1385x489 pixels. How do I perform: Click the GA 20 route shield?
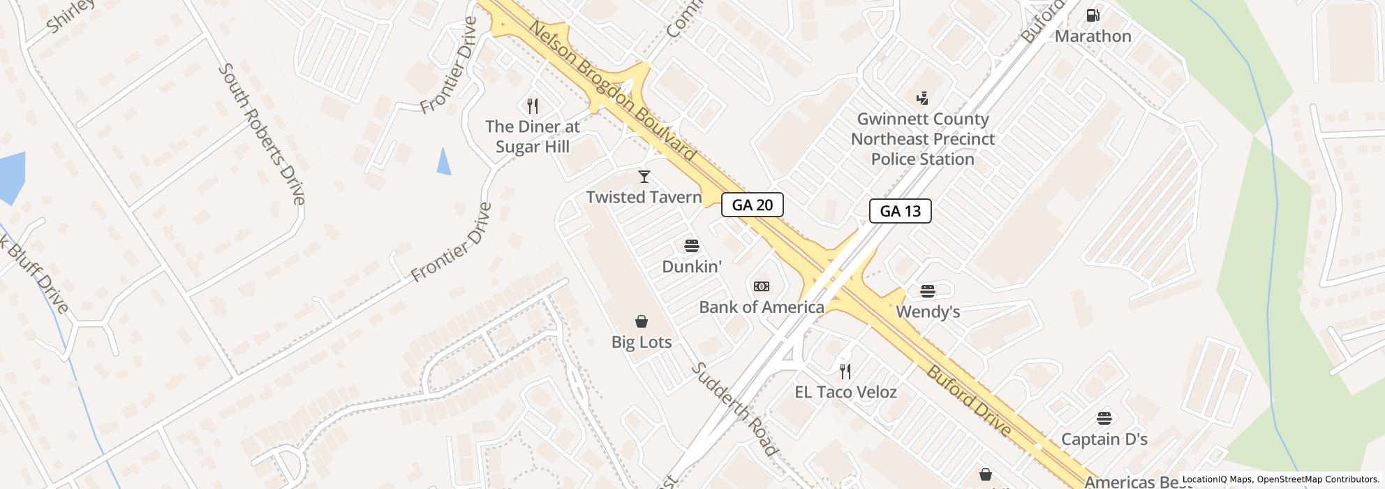click(752, 205)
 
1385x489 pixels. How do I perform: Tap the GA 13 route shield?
click(900, 211)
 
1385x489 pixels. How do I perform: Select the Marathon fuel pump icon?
click(1093, 15)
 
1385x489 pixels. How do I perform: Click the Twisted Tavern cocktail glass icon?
click(644, 177)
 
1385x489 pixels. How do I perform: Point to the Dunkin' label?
click(691, 267)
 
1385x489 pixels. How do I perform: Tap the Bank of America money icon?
click(762, 286)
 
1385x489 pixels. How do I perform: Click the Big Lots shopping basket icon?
click(641, 321)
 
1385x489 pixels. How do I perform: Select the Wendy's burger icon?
click(927, 291)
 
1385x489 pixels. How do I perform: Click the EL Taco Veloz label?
click(845, 392)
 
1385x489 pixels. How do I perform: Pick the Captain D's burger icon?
click(1104, 418)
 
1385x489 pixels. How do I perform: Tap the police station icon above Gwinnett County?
click(922, 98)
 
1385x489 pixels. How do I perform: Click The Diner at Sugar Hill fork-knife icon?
click(533, 105)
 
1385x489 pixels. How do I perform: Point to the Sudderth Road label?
click(734, 409)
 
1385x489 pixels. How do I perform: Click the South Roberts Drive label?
click(262, 134)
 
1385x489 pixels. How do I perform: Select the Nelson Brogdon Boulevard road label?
click(612, 91)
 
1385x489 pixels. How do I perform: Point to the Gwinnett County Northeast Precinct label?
click(922, 139)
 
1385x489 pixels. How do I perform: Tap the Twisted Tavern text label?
click(644, 197)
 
